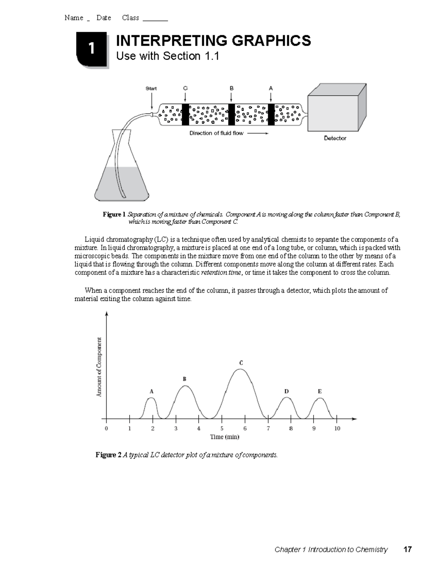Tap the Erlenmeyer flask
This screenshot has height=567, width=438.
point(122,175)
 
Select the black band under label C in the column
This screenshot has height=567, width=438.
point(185,114)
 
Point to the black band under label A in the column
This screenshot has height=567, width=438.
point(271,114)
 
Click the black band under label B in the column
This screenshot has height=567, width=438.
point(231,114)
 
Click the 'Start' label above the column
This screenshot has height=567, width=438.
point(151,88)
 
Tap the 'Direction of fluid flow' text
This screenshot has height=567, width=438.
point(216,133)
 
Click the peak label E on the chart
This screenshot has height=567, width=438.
point(319,391)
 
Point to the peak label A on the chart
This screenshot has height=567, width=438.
point(151,391)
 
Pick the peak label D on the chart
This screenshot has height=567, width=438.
point(287,391)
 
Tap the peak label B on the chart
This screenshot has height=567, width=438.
point(185,379)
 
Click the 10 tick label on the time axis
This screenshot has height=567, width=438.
point(337,429)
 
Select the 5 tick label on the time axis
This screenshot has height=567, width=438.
point(222,429)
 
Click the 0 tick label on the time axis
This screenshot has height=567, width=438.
point(106,429)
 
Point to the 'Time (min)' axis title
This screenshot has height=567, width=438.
point(224,437)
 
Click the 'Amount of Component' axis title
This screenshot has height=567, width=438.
point(99,367)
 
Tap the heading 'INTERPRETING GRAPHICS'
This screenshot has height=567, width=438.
point(213,41)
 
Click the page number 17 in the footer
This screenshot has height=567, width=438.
point(407,549)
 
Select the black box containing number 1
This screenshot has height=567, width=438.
point(92,49)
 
